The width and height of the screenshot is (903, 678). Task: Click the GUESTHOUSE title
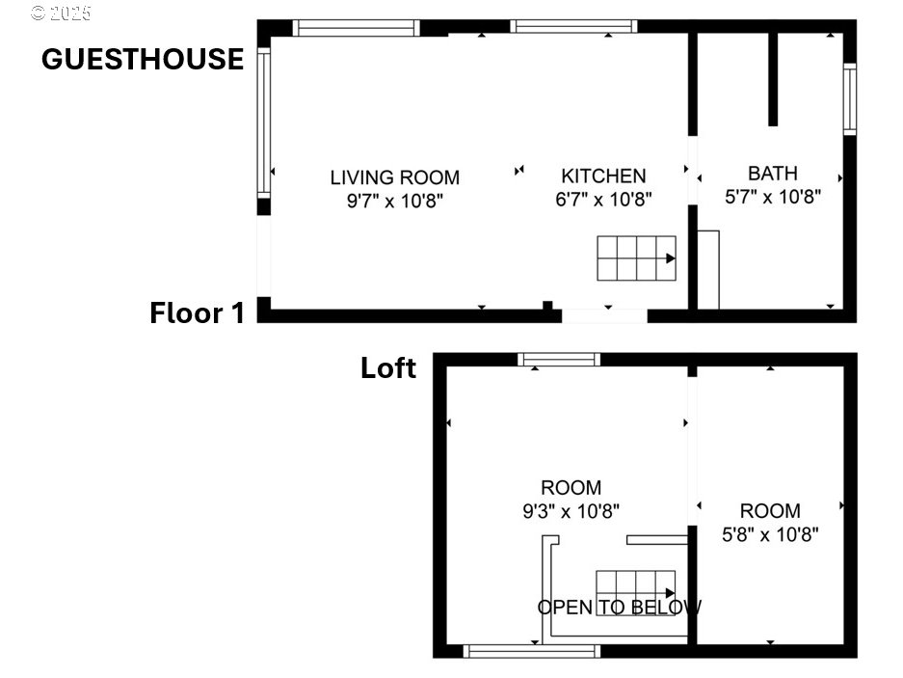click(x=143, y=60)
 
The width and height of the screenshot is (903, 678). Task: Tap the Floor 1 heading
click(x=197, y=313)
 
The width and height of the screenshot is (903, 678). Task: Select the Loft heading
click(x=388, y=367)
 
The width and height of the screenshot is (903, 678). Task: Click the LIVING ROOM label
click(x=395, y=177)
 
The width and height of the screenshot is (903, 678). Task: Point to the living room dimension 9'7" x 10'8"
click(x=395, y=201)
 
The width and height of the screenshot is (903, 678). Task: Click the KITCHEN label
click(x=603, y=176)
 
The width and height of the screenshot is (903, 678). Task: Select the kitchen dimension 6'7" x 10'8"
click(x=603, y=199)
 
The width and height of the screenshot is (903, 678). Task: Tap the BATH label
click(x=773, y=173)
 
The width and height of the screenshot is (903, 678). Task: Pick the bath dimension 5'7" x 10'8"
click(x=773, y=197)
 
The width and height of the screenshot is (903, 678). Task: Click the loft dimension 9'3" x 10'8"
click(x=571, y=511)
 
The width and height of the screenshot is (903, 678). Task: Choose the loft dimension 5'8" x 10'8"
click(x=770, y=534)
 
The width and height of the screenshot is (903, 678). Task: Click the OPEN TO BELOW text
click(x=620, y=607)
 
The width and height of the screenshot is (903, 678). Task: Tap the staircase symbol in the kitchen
click(x=636, y=258)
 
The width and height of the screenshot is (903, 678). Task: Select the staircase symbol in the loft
click(x=636, y=593)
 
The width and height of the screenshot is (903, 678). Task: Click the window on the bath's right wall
click(x=850, y=99)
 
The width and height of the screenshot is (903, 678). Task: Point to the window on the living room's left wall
click(x=263, y=122)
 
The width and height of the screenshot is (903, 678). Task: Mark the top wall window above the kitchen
click(x=573, y=26)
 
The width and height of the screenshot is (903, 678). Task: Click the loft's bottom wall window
click(x=532, y=652)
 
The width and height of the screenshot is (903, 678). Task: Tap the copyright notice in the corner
click(x=61, y=13)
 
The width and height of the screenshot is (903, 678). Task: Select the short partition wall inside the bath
click(x=773, y=79)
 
